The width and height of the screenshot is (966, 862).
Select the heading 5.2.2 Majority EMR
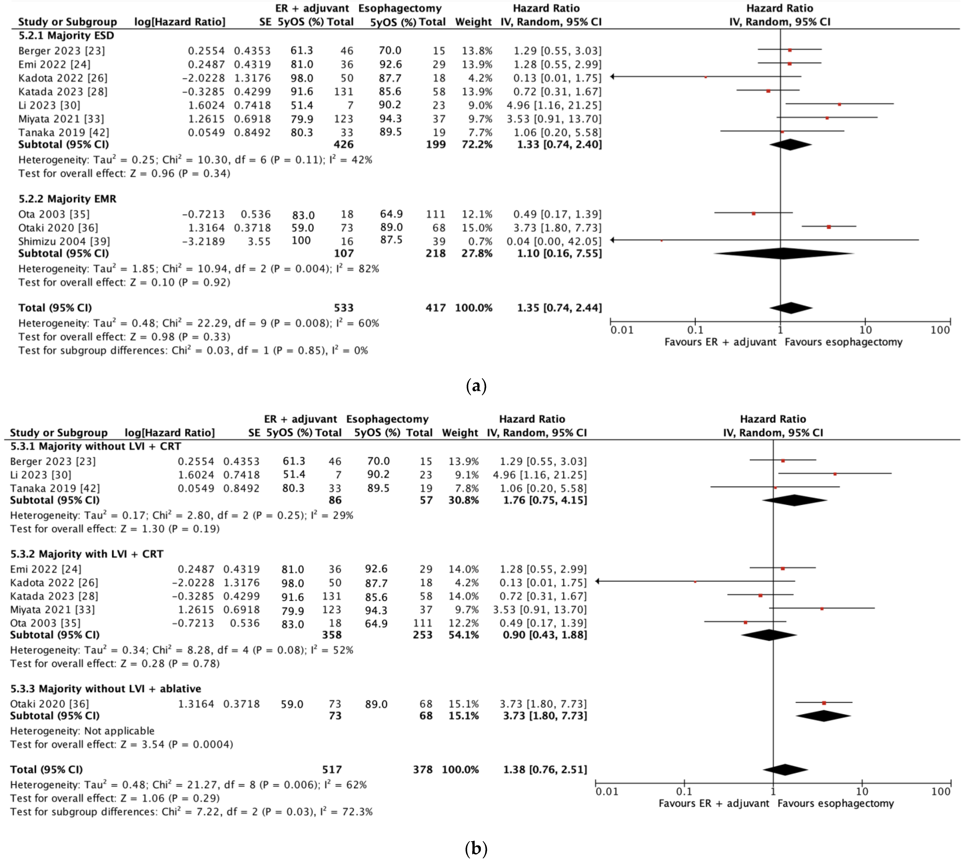click(67, 199)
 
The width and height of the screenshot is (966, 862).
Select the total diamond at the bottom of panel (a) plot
click(791, 308)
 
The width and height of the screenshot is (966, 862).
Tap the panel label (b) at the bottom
click(476, 848)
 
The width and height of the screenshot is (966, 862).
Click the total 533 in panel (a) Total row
click(343, 308)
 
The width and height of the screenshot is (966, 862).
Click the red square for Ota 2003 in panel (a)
click(753, 214)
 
